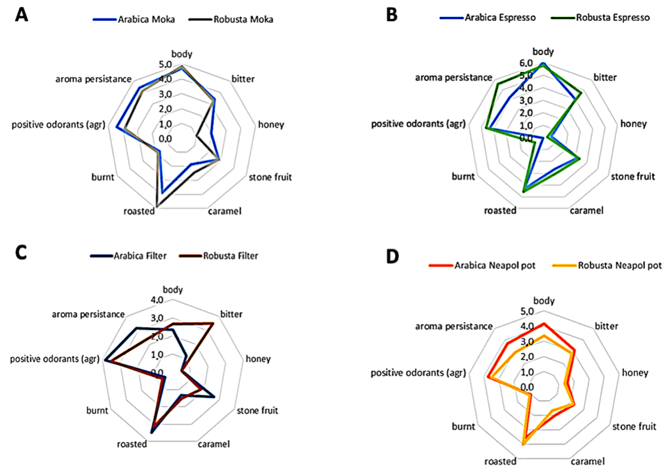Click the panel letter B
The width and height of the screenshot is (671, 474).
tap(393, 15)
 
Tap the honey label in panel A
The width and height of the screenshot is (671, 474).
tap(271, 124)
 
